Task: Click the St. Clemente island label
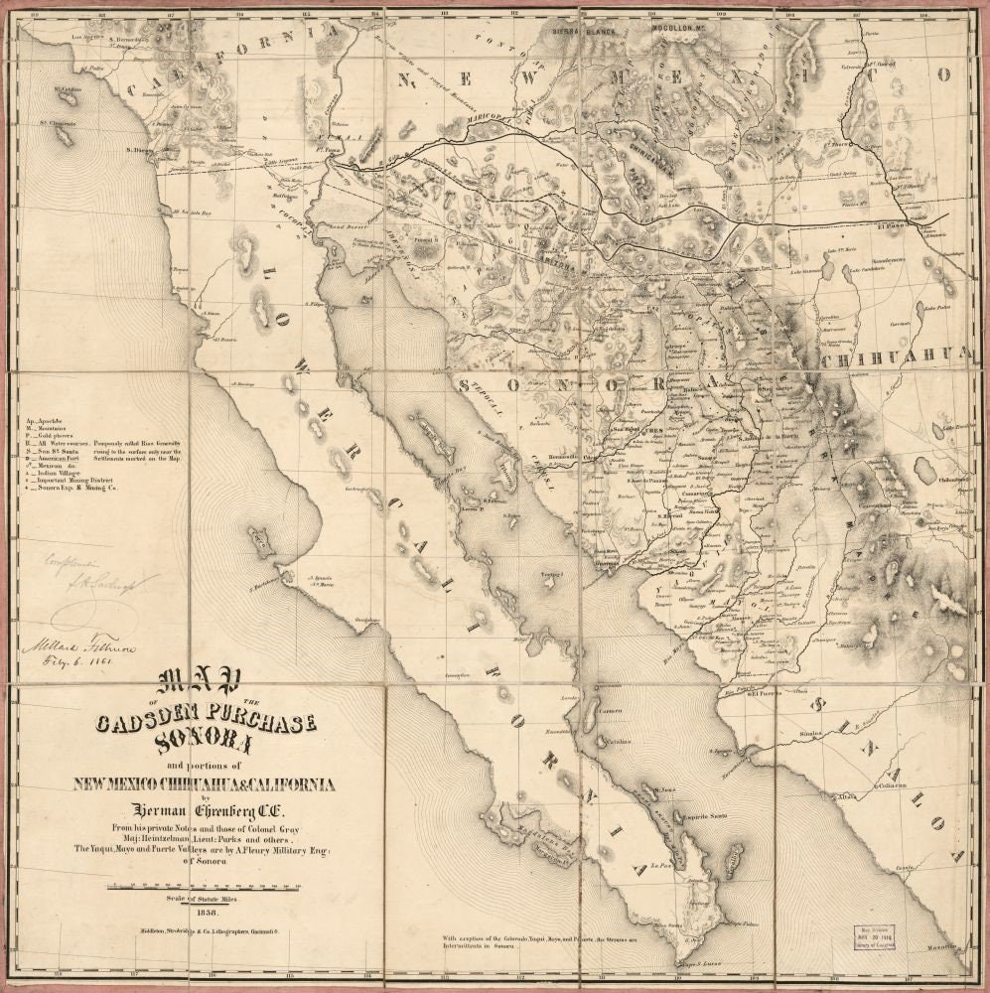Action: pos(58,124)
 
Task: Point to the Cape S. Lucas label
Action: pos(698,963)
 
